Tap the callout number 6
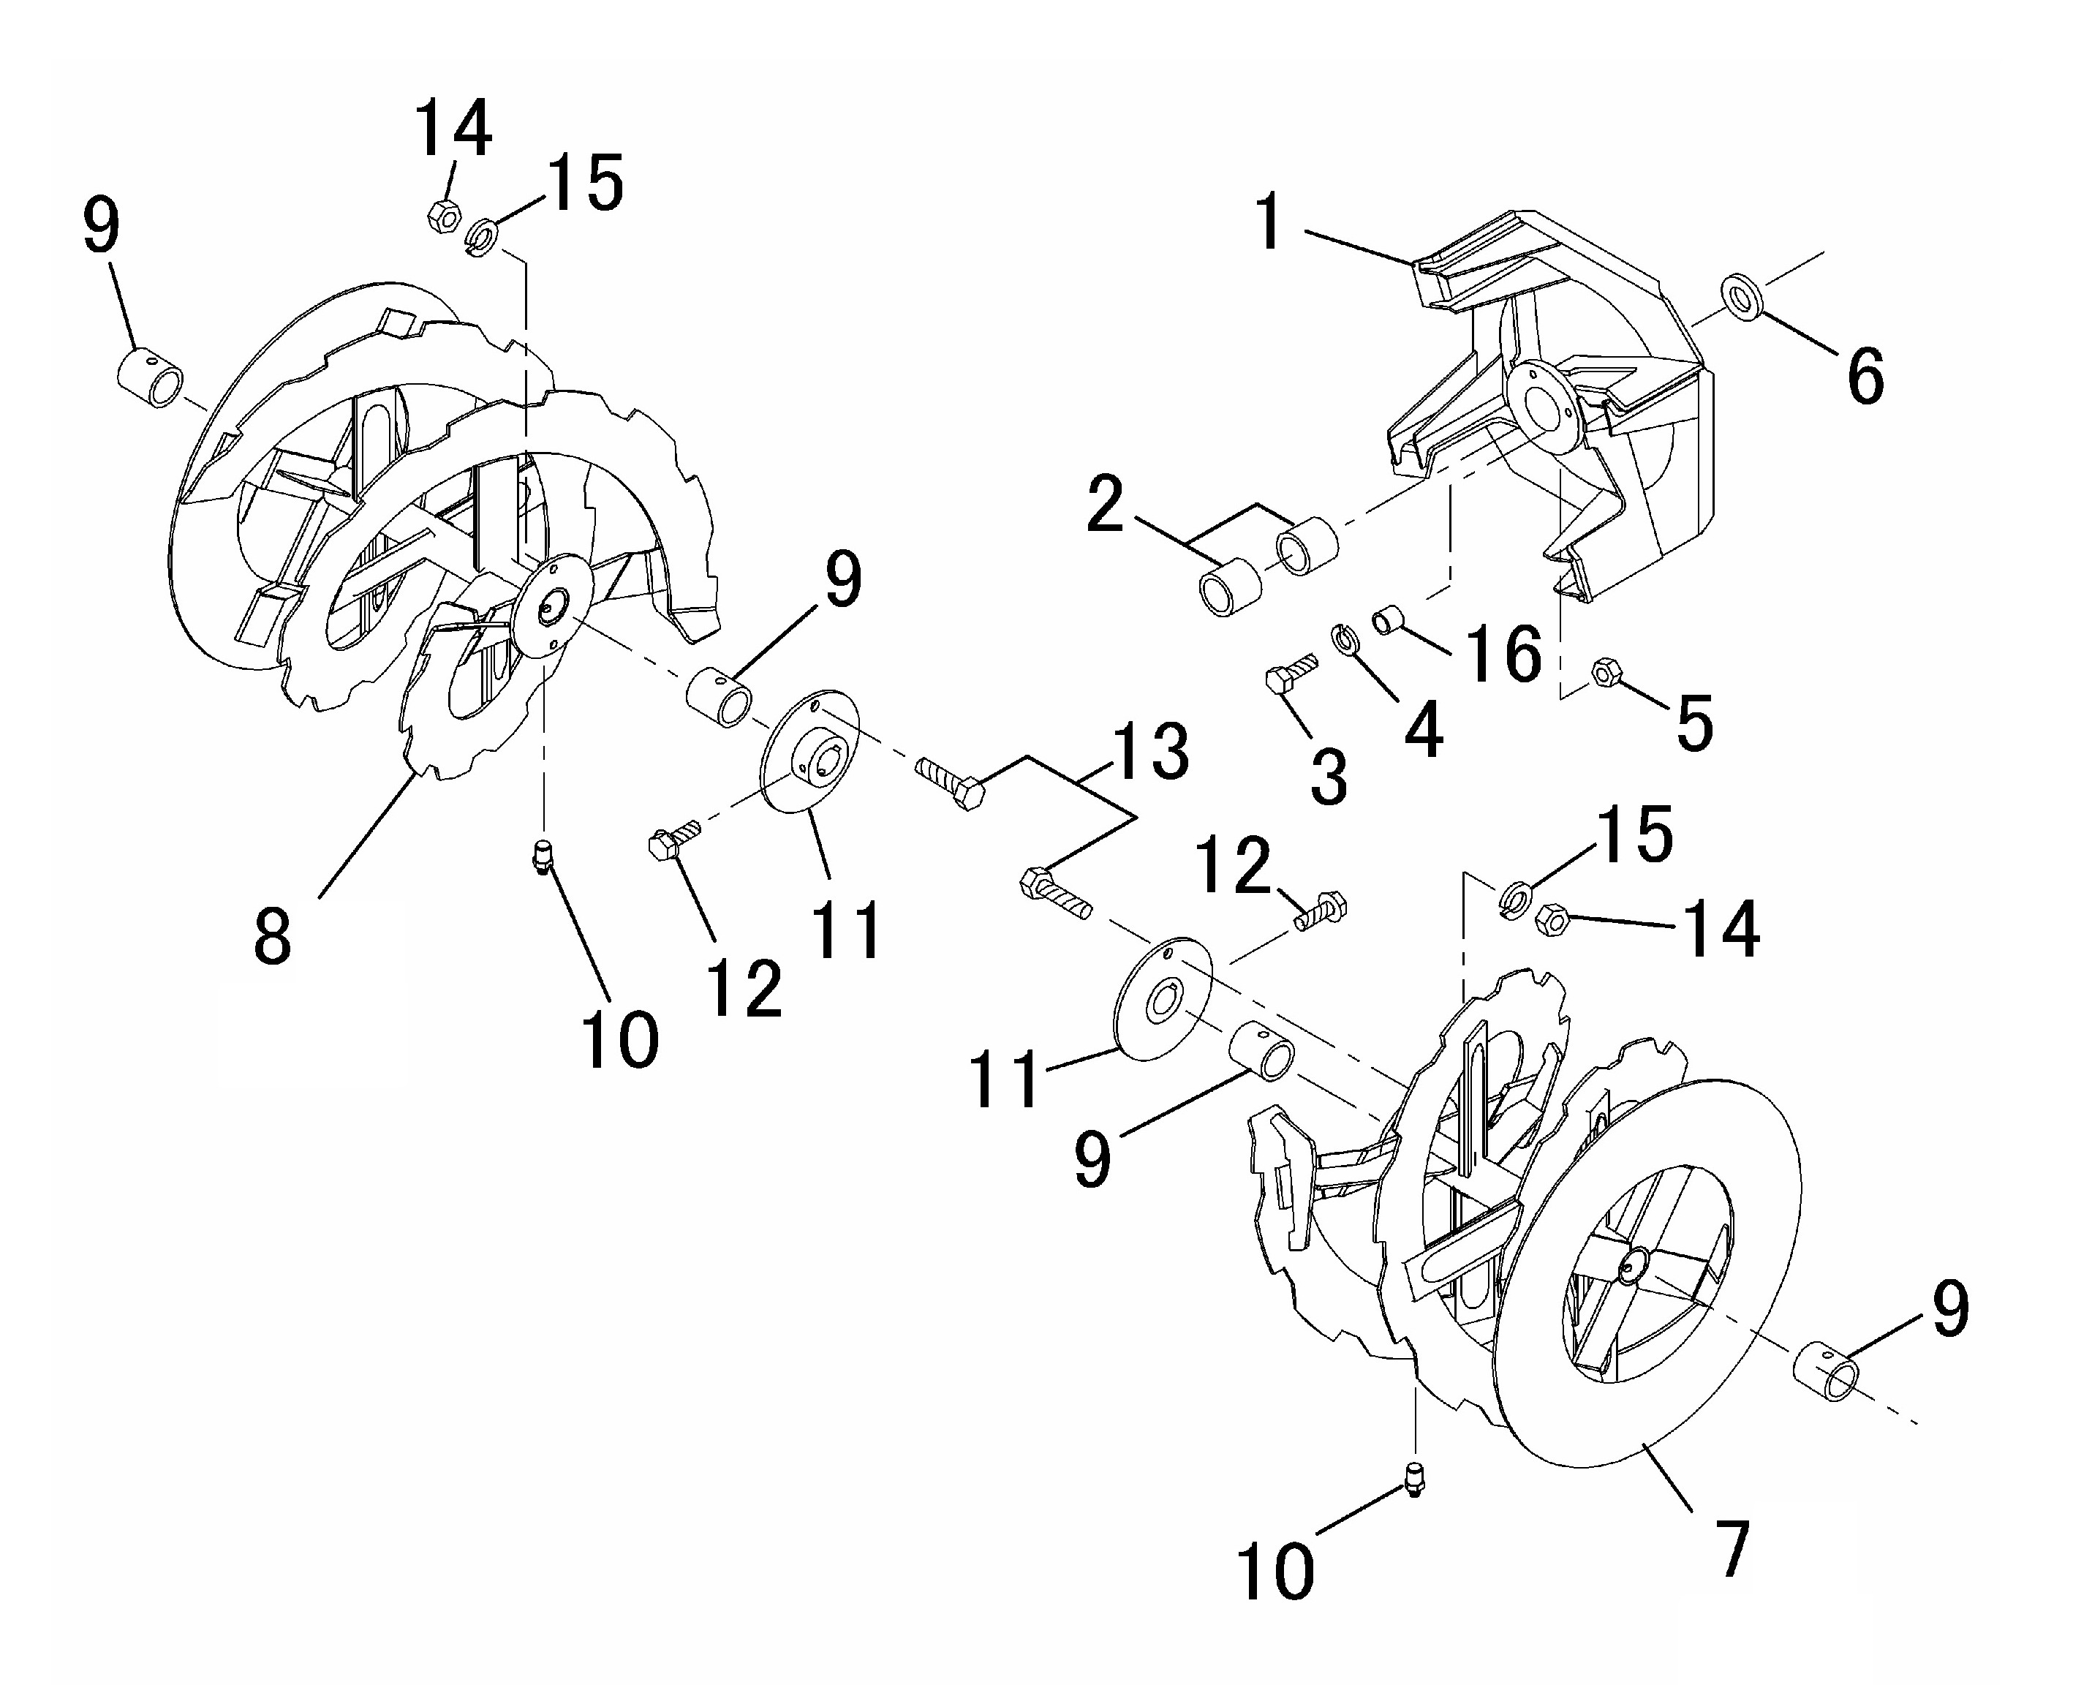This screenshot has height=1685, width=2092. [x=1865, y=377]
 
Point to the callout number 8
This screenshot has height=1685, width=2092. [x=273, y=935]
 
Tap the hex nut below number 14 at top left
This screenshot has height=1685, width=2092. [x=443, y=216]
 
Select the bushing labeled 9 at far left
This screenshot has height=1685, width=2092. [x=151, y=380]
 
